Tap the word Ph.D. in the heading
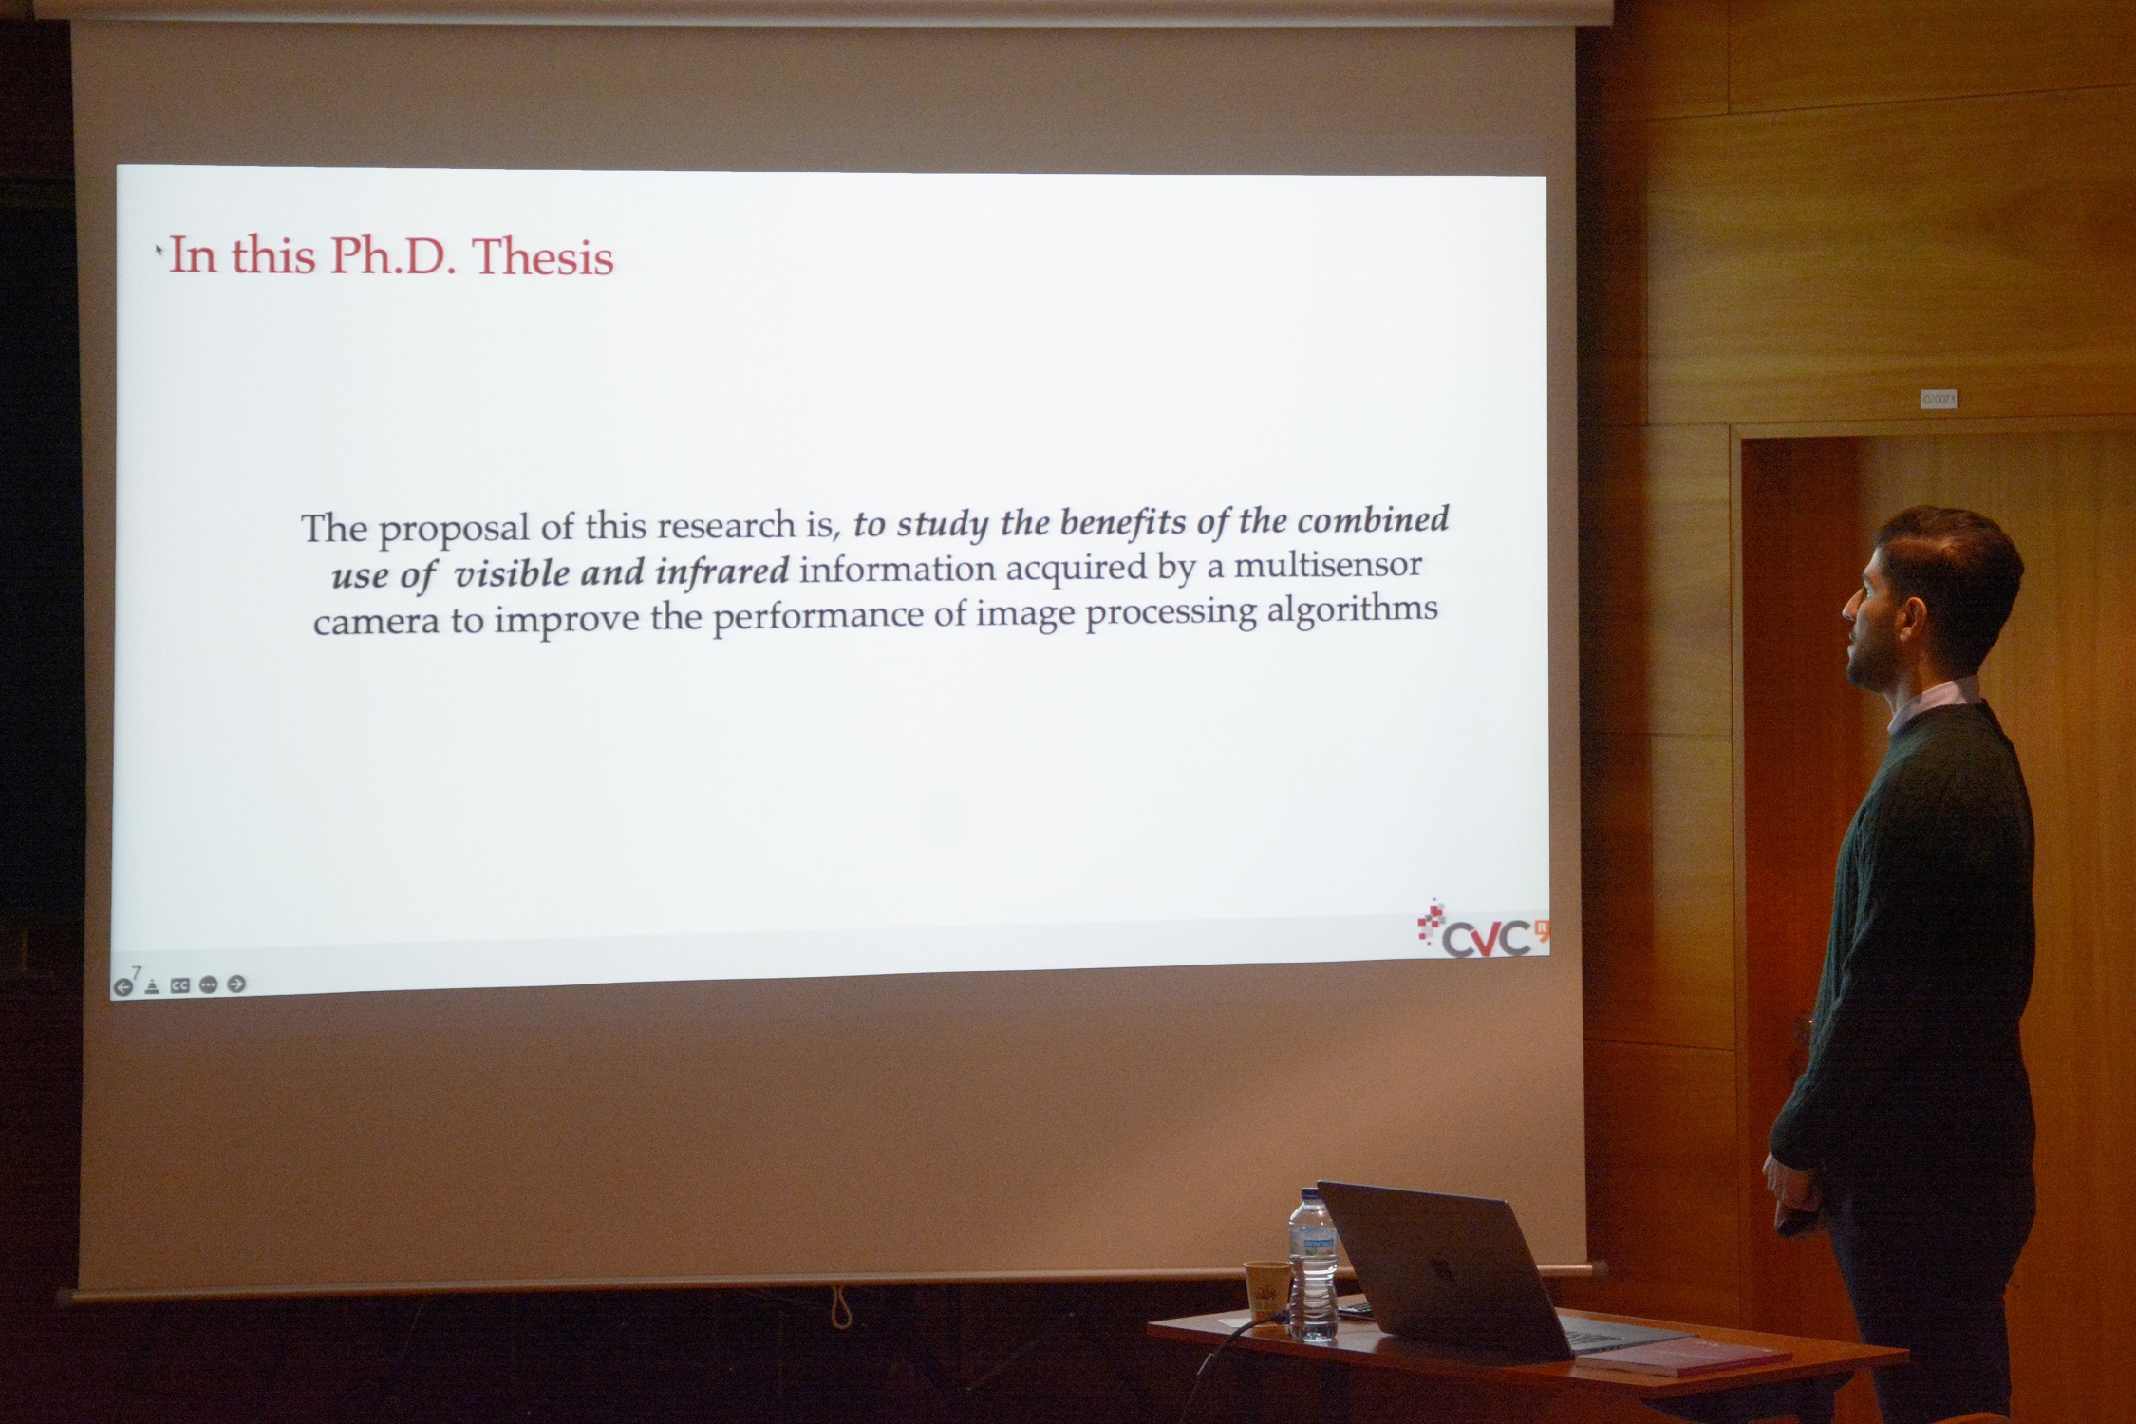pos(392,257)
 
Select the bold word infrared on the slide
pos(721,571)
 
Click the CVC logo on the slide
pos(1482,927)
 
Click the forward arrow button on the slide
pos(237,984)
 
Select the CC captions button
pos(179,985)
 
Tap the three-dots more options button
pos(209,984)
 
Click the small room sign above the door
pos(1939,399)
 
